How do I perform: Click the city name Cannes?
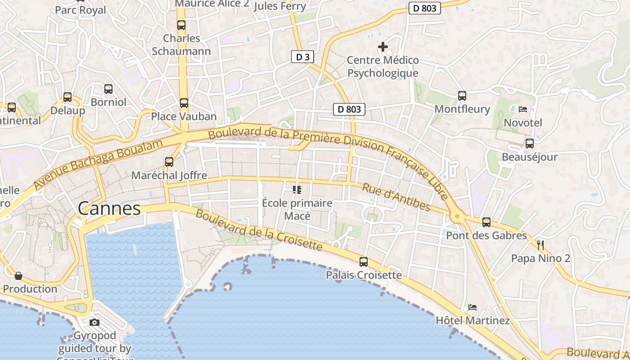click(x=109, y=209)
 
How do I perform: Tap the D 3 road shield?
click(x=302, y=57)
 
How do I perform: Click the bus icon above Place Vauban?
click(x=184, y=103)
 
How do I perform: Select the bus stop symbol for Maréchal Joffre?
click(x=169, y=162)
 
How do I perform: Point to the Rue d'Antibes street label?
click(x=396, y=197)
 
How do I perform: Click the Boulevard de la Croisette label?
click(x=259, y=230)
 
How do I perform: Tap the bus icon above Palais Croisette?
click(x=363, y=261)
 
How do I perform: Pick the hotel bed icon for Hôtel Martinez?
click(x=472, y=307)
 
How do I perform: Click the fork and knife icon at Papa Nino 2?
click(x=540, y=245)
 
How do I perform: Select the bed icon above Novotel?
click(x=523, y=109)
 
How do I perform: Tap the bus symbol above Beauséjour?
click(x=530, y=144)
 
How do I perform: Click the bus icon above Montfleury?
click(x=462, y=95)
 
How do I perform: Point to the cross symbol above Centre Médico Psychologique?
click(x=383, y=46)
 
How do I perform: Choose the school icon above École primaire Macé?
click(x=297, y=190)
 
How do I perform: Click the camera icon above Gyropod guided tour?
click(x=94, y=322)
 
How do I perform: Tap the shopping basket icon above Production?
click(x=18, y=275)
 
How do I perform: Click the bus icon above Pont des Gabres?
click(x=486, y=222)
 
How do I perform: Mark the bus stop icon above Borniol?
click(x=108, y=89)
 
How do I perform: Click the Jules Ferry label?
click(x=280, y=6)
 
